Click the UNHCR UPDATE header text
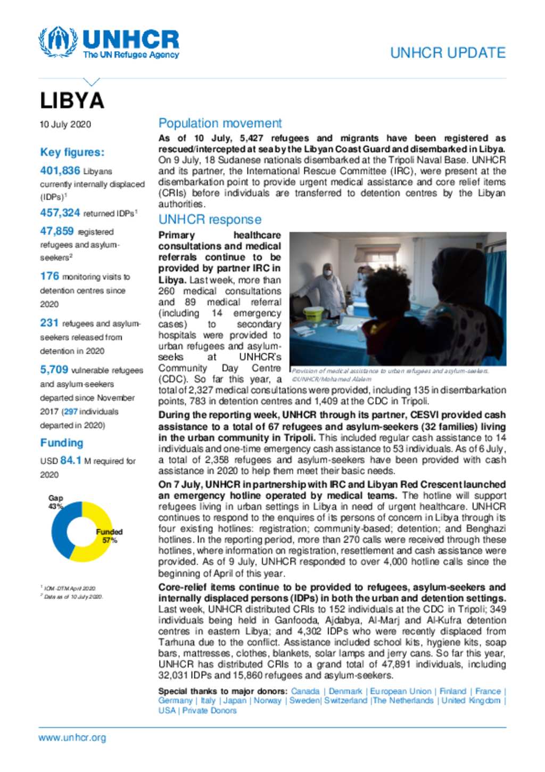tap(448, 53)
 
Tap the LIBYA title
tap(72, 101)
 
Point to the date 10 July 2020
tap(65, 124)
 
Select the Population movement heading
tap(220, 123)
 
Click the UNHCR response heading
tap(210, 220)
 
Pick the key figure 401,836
tap(60, 170)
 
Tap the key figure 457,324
tap(60, 213)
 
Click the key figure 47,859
tap(57, 231)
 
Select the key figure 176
tap(49, 276)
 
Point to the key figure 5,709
tap(54, 370)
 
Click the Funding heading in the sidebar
tap(62, 443)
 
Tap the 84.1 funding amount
tap(71, 460)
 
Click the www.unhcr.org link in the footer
tap(72, 738)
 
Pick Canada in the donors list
tap(305, 691)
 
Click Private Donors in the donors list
tap(209, 710)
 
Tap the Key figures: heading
tap(72, 152)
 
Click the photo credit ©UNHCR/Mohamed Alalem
tap(331, 379)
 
